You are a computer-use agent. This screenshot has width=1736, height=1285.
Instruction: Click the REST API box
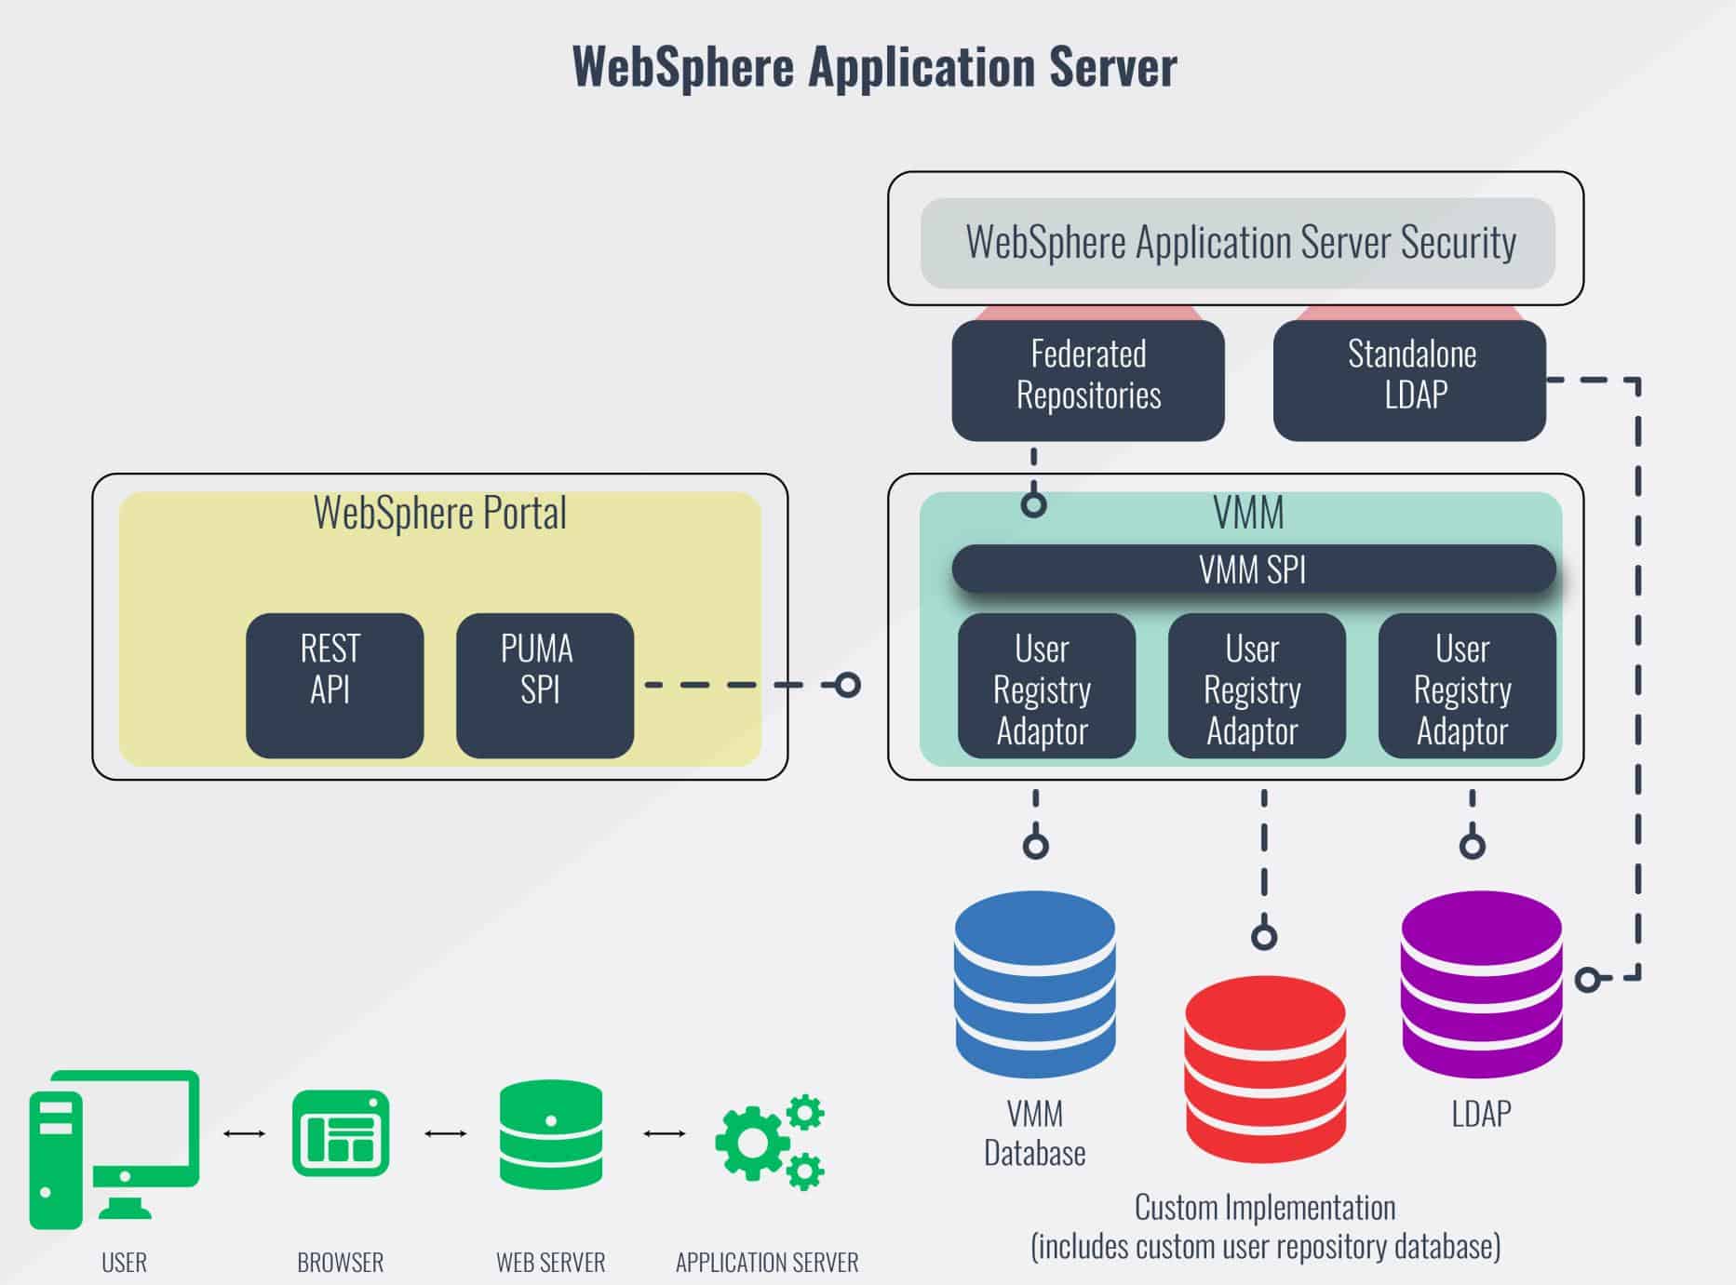[x=334, y=685]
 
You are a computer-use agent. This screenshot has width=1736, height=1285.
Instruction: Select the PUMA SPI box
[x=545, y=685]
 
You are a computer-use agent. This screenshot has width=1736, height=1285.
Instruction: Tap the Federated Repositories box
[x=1087, y=380]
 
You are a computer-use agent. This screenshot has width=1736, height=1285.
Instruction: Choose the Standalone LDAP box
[x=1409, y=380]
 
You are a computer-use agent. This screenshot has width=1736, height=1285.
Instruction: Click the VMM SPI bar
[x=1253, y=569]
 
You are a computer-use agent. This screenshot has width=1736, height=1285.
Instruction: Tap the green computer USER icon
[x=114, y=1148]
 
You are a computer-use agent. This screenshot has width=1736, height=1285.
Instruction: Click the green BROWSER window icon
[x=341, y=1133]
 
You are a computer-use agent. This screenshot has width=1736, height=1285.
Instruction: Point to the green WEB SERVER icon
[x=551, y=1134]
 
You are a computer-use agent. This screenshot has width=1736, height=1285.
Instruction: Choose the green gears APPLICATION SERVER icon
[x=769, y=1142]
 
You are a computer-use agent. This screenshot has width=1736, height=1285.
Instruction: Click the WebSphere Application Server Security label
[x=1240, y=242]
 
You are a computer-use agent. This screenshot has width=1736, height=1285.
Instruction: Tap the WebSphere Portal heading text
[x=439, y=513]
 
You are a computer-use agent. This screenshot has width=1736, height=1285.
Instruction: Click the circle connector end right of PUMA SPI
[x=847, y=686]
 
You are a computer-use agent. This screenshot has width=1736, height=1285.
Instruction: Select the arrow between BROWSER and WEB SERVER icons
[x=446, y=1133]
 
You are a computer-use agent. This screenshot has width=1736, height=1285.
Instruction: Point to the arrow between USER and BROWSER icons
[x=245, y=1133]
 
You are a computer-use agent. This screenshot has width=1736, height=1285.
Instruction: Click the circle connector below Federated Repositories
[x=1033, y=504]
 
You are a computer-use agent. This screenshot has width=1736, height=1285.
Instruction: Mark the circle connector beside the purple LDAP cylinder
[x=1588, y=979]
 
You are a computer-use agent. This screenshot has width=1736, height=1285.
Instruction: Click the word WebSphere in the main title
[x=682, y=67]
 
